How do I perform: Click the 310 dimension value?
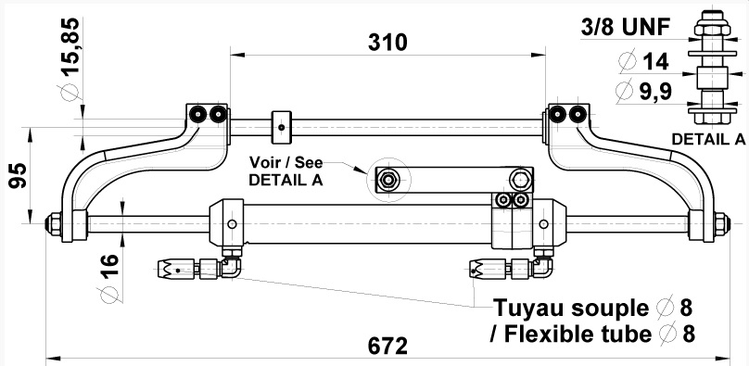pos(387,43)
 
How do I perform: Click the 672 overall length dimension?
pos(387,346)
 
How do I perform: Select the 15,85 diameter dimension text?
pos(71,46)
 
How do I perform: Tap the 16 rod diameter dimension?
pos(109,267)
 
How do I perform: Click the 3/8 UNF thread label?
pos(626,27)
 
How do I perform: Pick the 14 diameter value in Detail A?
pos(656,62)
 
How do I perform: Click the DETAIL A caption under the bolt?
pos(708,139)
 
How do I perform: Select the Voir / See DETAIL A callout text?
pos(286,171)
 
